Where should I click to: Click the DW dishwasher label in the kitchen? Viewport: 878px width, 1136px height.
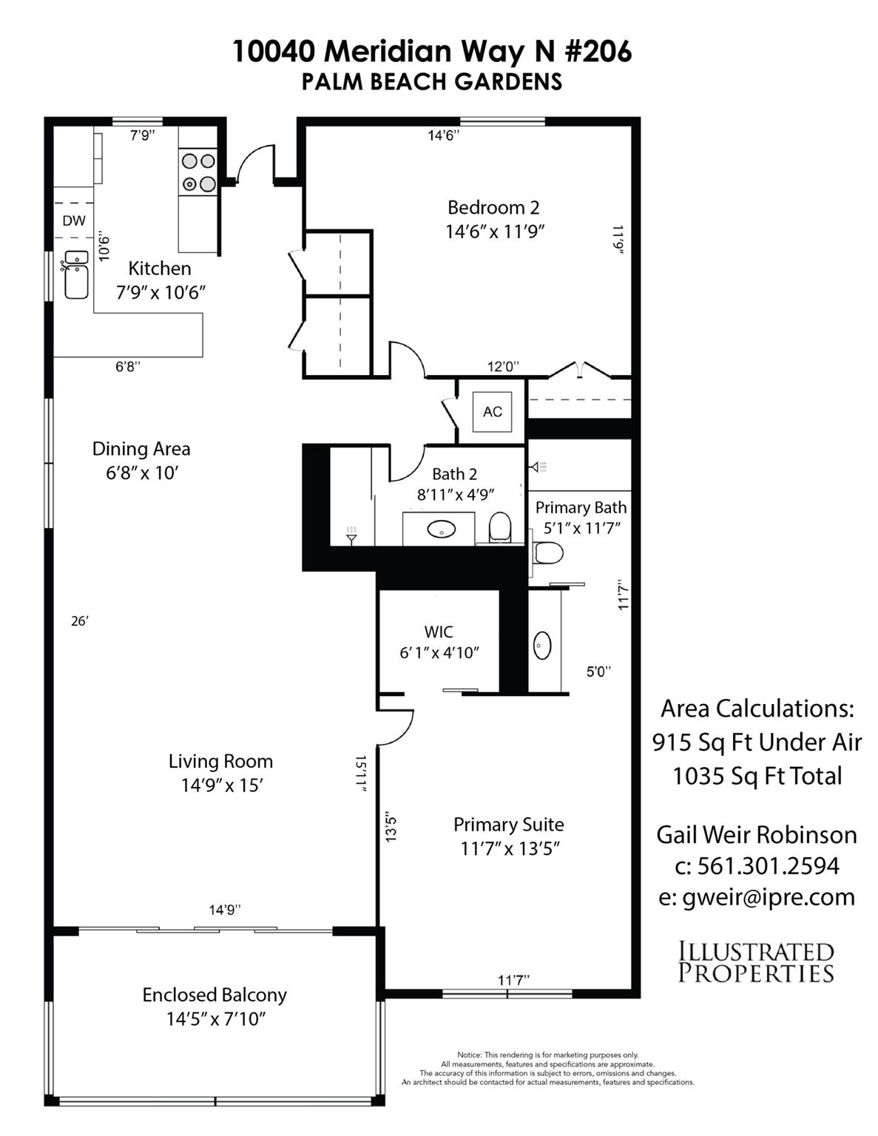(x=74, y=220)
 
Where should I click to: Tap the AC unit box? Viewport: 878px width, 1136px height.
(x=493, y=412)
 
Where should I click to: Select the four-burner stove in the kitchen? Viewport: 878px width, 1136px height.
(x=198, y=172)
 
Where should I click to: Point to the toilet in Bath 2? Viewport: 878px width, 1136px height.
(x=500, y=527)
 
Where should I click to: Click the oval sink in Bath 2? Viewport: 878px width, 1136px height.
(x=442, y=530)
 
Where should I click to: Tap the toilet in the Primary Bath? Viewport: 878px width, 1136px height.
(x=548, y=552)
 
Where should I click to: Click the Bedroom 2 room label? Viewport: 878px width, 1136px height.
(x=493, y=208)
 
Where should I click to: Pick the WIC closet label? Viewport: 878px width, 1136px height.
(x=439, y=632)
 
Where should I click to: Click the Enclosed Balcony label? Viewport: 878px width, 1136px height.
(x=215, y=995)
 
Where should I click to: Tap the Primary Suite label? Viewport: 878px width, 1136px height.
(x=508, y=825)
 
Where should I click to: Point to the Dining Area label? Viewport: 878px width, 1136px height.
(x=141, y=449)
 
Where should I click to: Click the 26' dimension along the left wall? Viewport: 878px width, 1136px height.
(x=79, y=621)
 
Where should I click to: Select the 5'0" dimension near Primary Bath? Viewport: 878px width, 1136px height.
(x=598, y=672)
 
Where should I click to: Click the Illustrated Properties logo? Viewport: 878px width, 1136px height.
(x=756, y=962)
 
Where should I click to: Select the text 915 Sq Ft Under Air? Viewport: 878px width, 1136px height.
(x=757, y=742)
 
